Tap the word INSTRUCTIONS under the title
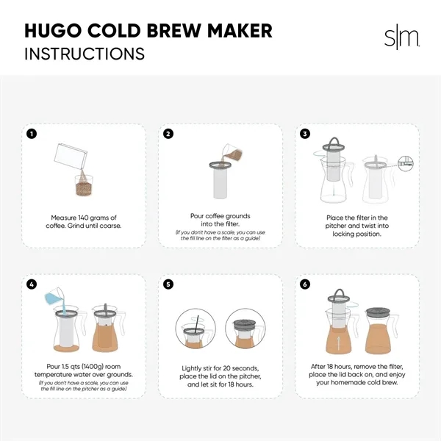[x=85, y=54]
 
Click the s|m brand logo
[x=401, y=37]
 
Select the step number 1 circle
[x=32, y=134]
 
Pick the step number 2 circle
[x=168, y=134]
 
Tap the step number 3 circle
[x=305, y=134]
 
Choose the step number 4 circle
[x=32, y=284]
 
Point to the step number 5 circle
[x=168, y=284]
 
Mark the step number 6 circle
[x=305, y=284]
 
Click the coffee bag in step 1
[x=71, y=157]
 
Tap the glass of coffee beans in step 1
[x=84, y=185]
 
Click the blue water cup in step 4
[x=54, y=297]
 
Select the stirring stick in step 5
[x=196, y=325]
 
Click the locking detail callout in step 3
[x=406, y=164]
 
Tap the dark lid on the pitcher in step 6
[x=378, y=312]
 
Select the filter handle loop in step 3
[x=334, y=142]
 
